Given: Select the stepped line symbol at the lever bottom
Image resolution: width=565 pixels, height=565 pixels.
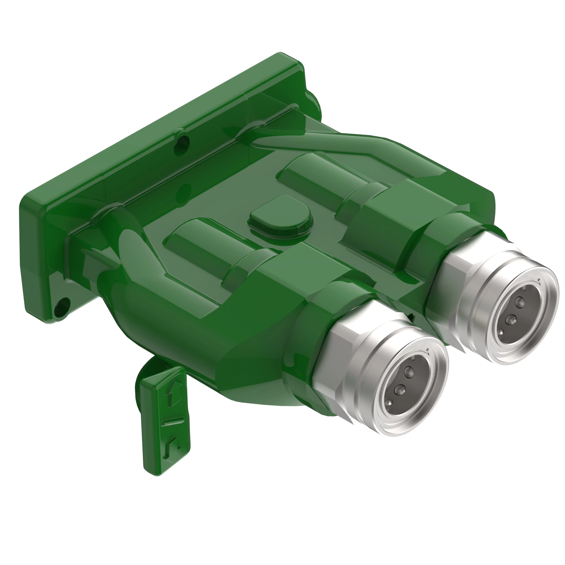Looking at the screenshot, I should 172,447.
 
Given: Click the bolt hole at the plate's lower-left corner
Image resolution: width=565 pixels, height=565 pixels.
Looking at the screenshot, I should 62,307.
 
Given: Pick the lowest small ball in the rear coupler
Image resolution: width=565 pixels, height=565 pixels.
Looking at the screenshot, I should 501,332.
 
